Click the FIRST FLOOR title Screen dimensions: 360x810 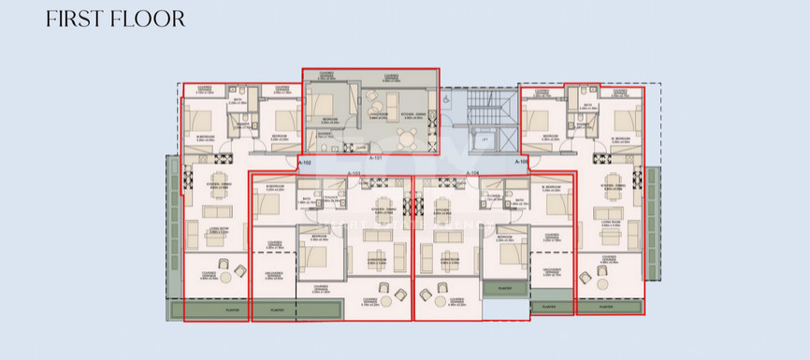click(x=115, y=19)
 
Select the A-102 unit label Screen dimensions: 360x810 click(x=304, y=162)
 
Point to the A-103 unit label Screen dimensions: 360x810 click(x=354, y=174)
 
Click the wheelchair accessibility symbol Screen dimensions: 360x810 click(x=447, y=97)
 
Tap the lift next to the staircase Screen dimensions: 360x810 click(x=486, y=138)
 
